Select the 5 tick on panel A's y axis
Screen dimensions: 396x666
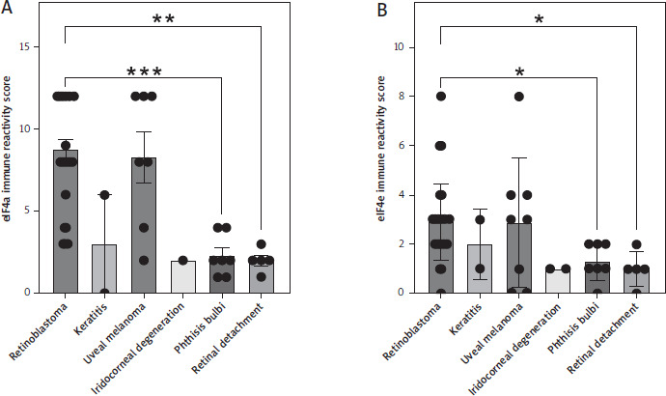click(36, 211)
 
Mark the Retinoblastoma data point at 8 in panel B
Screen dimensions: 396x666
click(441, 96)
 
